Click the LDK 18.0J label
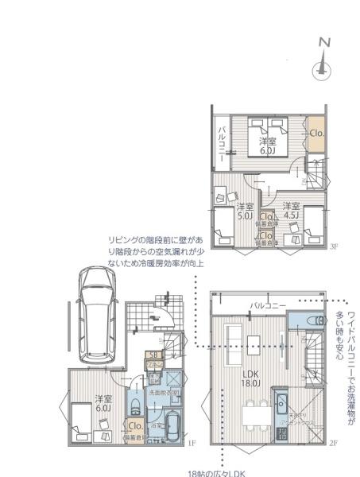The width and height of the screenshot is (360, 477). point(251,378)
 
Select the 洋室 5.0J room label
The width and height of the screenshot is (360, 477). point(245,211)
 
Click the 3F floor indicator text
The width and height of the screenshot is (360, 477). point(334,247)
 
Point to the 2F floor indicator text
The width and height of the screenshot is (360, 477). point(334,443)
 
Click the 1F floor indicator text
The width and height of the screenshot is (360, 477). point(192,443)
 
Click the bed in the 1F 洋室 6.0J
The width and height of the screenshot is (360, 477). point(86,420)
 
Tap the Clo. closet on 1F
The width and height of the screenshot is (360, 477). point(134,426)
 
